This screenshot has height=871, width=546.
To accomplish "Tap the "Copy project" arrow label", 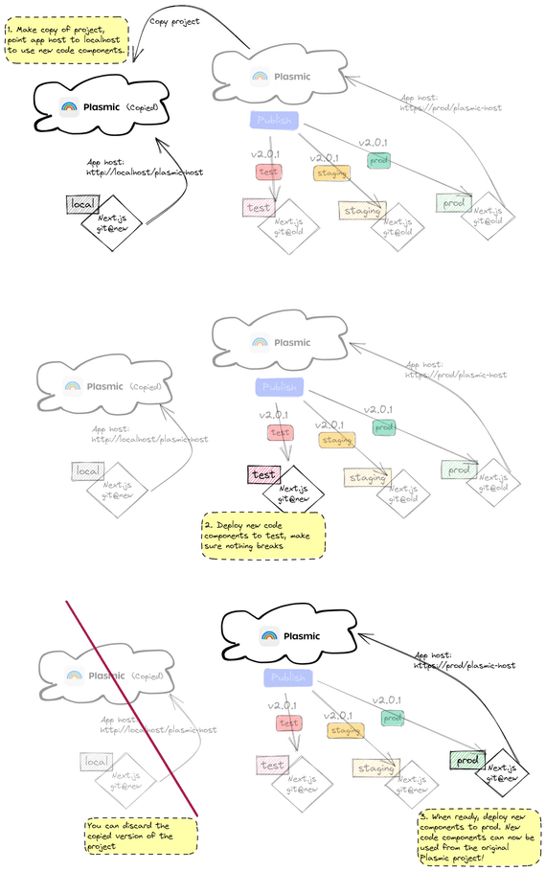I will (x=175, y=21).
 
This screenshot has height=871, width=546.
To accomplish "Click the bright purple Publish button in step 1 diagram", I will (x=274, y=120).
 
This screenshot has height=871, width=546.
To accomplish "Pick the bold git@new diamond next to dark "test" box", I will (x=293, y=488).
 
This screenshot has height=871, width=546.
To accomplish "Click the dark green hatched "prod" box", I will (x=466, y=759).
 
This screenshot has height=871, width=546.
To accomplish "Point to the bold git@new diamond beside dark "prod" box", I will (x=506, y=771).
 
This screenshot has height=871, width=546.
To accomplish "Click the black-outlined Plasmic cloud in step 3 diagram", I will (x=287, y=636).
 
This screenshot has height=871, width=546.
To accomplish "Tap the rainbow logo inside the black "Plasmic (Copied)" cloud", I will (x=69, y=107).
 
